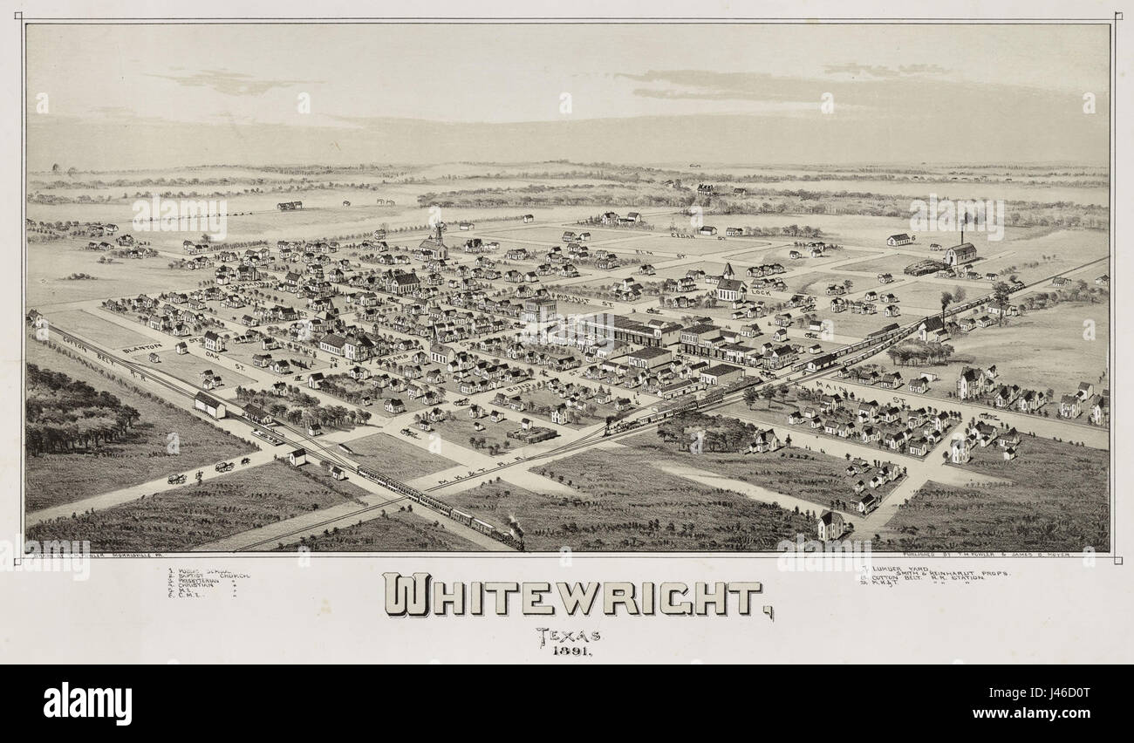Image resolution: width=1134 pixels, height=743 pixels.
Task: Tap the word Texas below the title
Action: click(568, 635)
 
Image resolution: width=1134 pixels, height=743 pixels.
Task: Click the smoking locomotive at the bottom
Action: click(514, 532)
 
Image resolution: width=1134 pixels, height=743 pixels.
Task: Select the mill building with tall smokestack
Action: click(960, 252)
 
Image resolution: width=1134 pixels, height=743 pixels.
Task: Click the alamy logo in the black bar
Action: click(88, 703)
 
